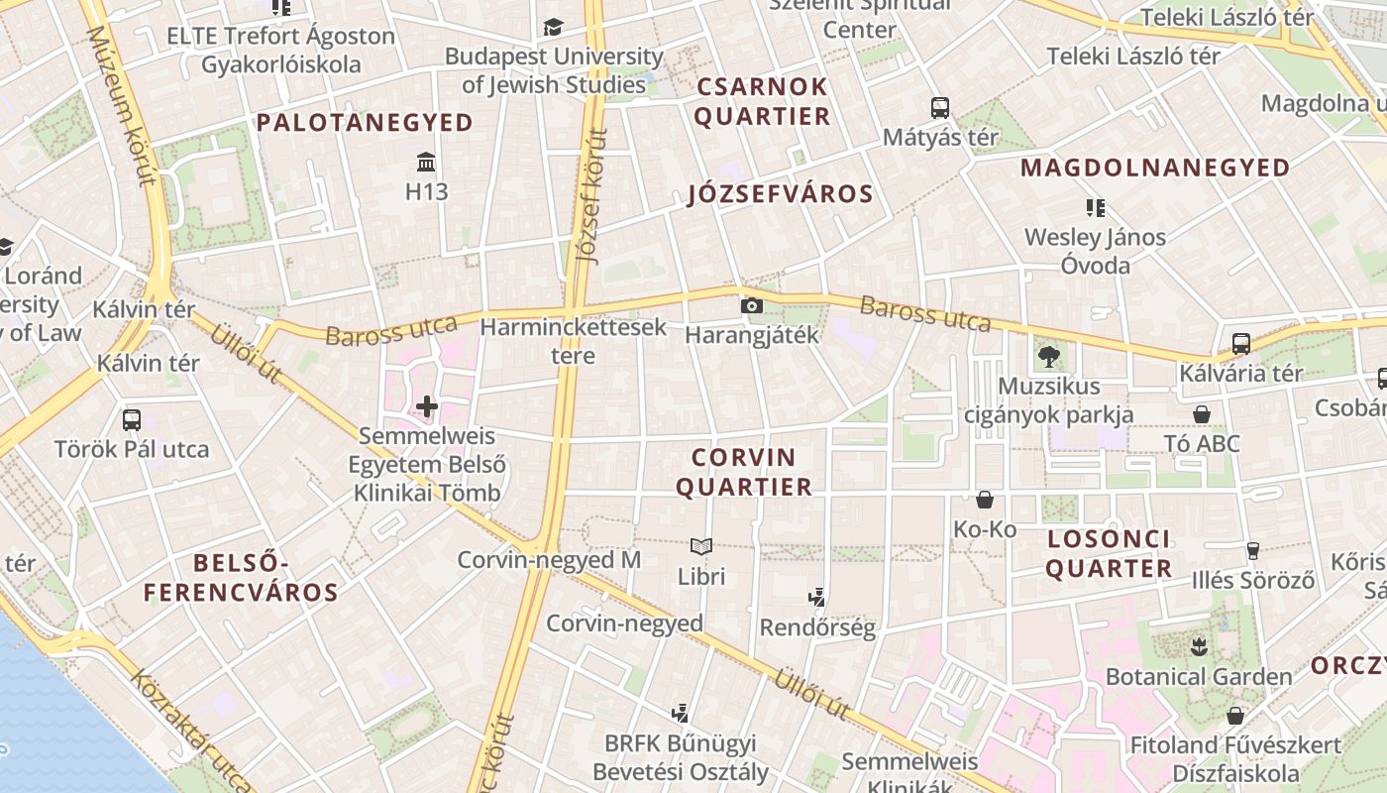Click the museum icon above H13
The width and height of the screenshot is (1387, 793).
tap(426, 162)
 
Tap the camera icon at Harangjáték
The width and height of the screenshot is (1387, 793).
tap(752, 305)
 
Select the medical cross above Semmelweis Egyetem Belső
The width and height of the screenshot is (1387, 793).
tap(427, 406)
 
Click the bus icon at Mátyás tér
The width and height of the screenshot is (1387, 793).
tap(939, 107)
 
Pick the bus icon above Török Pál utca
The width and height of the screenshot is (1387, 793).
tap(131, 419)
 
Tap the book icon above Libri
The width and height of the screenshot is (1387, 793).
tap(701, 546)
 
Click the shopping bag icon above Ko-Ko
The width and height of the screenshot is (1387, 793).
tap(985, 500)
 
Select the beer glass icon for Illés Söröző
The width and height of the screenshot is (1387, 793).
tap(1252, 551)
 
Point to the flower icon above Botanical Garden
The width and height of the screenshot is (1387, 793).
tap(1199, 647)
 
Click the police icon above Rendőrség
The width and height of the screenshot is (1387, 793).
tap(817, 597)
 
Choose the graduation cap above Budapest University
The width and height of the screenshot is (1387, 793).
tap(553, 27)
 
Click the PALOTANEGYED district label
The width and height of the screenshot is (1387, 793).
tap(365, 123)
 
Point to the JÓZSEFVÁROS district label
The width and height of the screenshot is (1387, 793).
tap(781, 194)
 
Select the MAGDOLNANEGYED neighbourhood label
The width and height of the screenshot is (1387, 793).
tap(1155, 168)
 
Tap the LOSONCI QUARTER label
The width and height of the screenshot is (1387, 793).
tap(1109, 554)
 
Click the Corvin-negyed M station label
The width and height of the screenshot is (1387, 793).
tap(549, 560)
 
